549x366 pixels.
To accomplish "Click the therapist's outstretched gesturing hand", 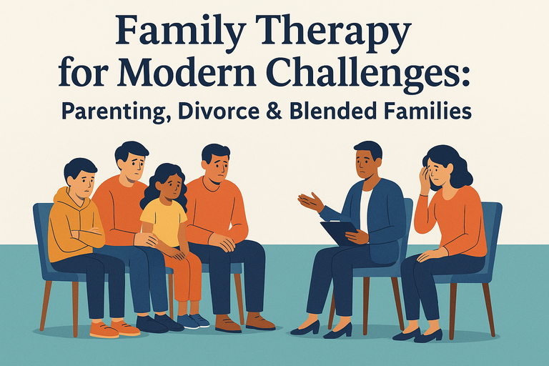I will point(310,202).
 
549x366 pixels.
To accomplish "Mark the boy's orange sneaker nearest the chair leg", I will point(104,330).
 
